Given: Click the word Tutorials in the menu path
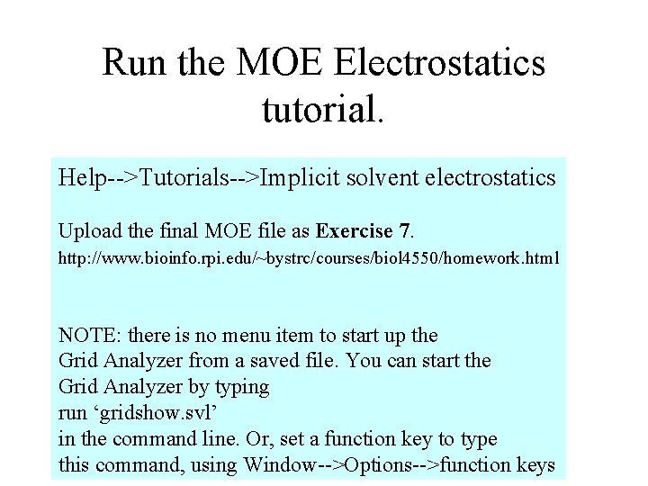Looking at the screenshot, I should click(184, 177).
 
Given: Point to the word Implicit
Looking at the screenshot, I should click(301, 177).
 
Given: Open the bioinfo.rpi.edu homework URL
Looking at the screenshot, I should click(308, 259).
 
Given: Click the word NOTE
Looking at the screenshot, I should click(89, 336).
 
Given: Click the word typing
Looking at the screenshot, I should click(239, 388).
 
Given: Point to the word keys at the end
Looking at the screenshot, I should click(534, 465).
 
